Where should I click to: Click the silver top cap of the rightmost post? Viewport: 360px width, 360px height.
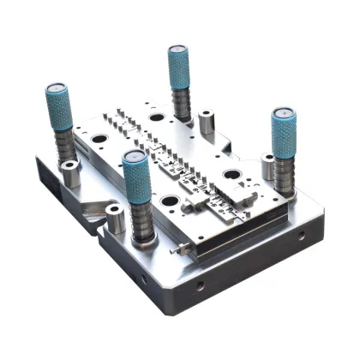click(285, 111)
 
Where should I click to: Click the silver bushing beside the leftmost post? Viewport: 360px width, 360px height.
click(71, 174)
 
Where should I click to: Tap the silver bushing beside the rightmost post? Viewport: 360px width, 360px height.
click(267, 165)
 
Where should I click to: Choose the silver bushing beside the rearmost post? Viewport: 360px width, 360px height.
click(206, 124)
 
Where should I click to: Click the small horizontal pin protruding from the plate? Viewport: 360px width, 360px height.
click(177, 249)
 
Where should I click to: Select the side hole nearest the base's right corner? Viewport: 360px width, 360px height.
click(301, 236)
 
